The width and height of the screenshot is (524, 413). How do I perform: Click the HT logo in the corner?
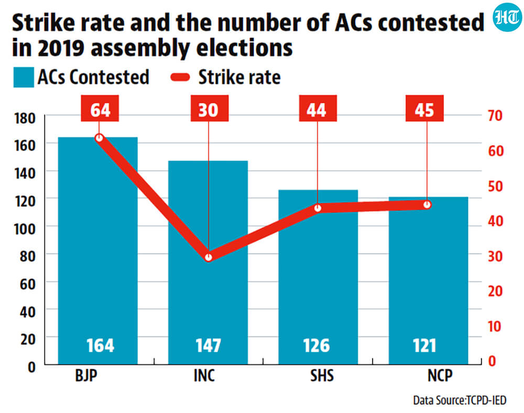507,17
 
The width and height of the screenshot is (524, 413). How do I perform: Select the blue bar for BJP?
98,251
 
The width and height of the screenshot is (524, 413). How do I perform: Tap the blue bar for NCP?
429,281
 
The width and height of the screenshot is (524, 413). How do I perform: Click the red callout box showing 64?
100,108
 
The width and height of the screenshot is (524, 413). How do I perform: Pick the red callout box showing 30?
210,108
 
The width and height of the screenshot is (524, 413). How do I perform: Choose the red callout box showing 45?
424,108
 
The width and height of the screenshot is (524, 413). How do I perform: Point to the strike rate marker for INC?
209,257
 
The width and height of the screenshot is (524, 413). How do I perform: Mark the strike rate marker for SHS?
318,208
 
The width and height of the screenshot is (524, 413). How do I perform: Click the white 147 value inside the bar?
208,345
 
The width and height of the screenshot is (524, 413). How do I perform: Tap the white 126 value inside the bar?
316,345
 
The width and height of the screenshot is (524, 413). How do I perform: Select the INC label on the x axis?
204,376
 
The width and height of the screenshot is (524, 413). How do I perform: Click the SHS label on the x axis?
322,376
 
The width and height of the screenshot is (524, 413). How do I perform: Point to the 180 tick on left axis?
25,118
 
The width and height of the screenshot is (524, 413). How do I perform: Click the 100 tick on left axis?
25,229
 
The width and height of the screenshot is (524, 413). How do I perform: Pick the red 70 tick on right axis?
495,116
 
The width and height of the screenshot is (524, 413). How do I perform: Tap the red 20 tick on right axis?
495,291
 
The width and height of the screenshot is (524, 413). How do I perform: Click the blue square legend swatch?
24,77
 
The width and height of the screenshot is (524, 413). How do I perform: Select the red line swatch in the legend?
180,77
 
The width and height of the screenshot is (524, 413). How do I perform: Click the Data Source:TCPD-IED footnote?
460,400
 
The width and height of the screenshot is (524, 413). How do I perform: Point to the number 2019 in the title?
61,48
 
